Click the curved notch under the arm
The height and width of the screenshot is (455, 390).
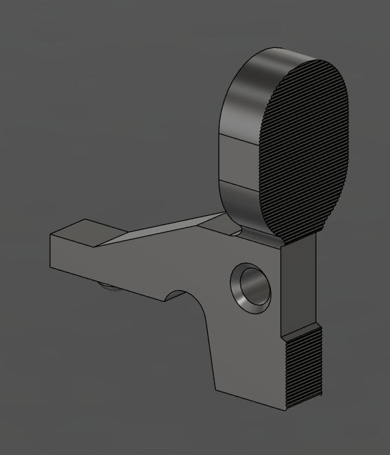[x=180, y=295]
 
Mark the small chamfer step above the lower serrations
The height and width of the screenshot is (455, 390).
[x=302, y=330]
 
